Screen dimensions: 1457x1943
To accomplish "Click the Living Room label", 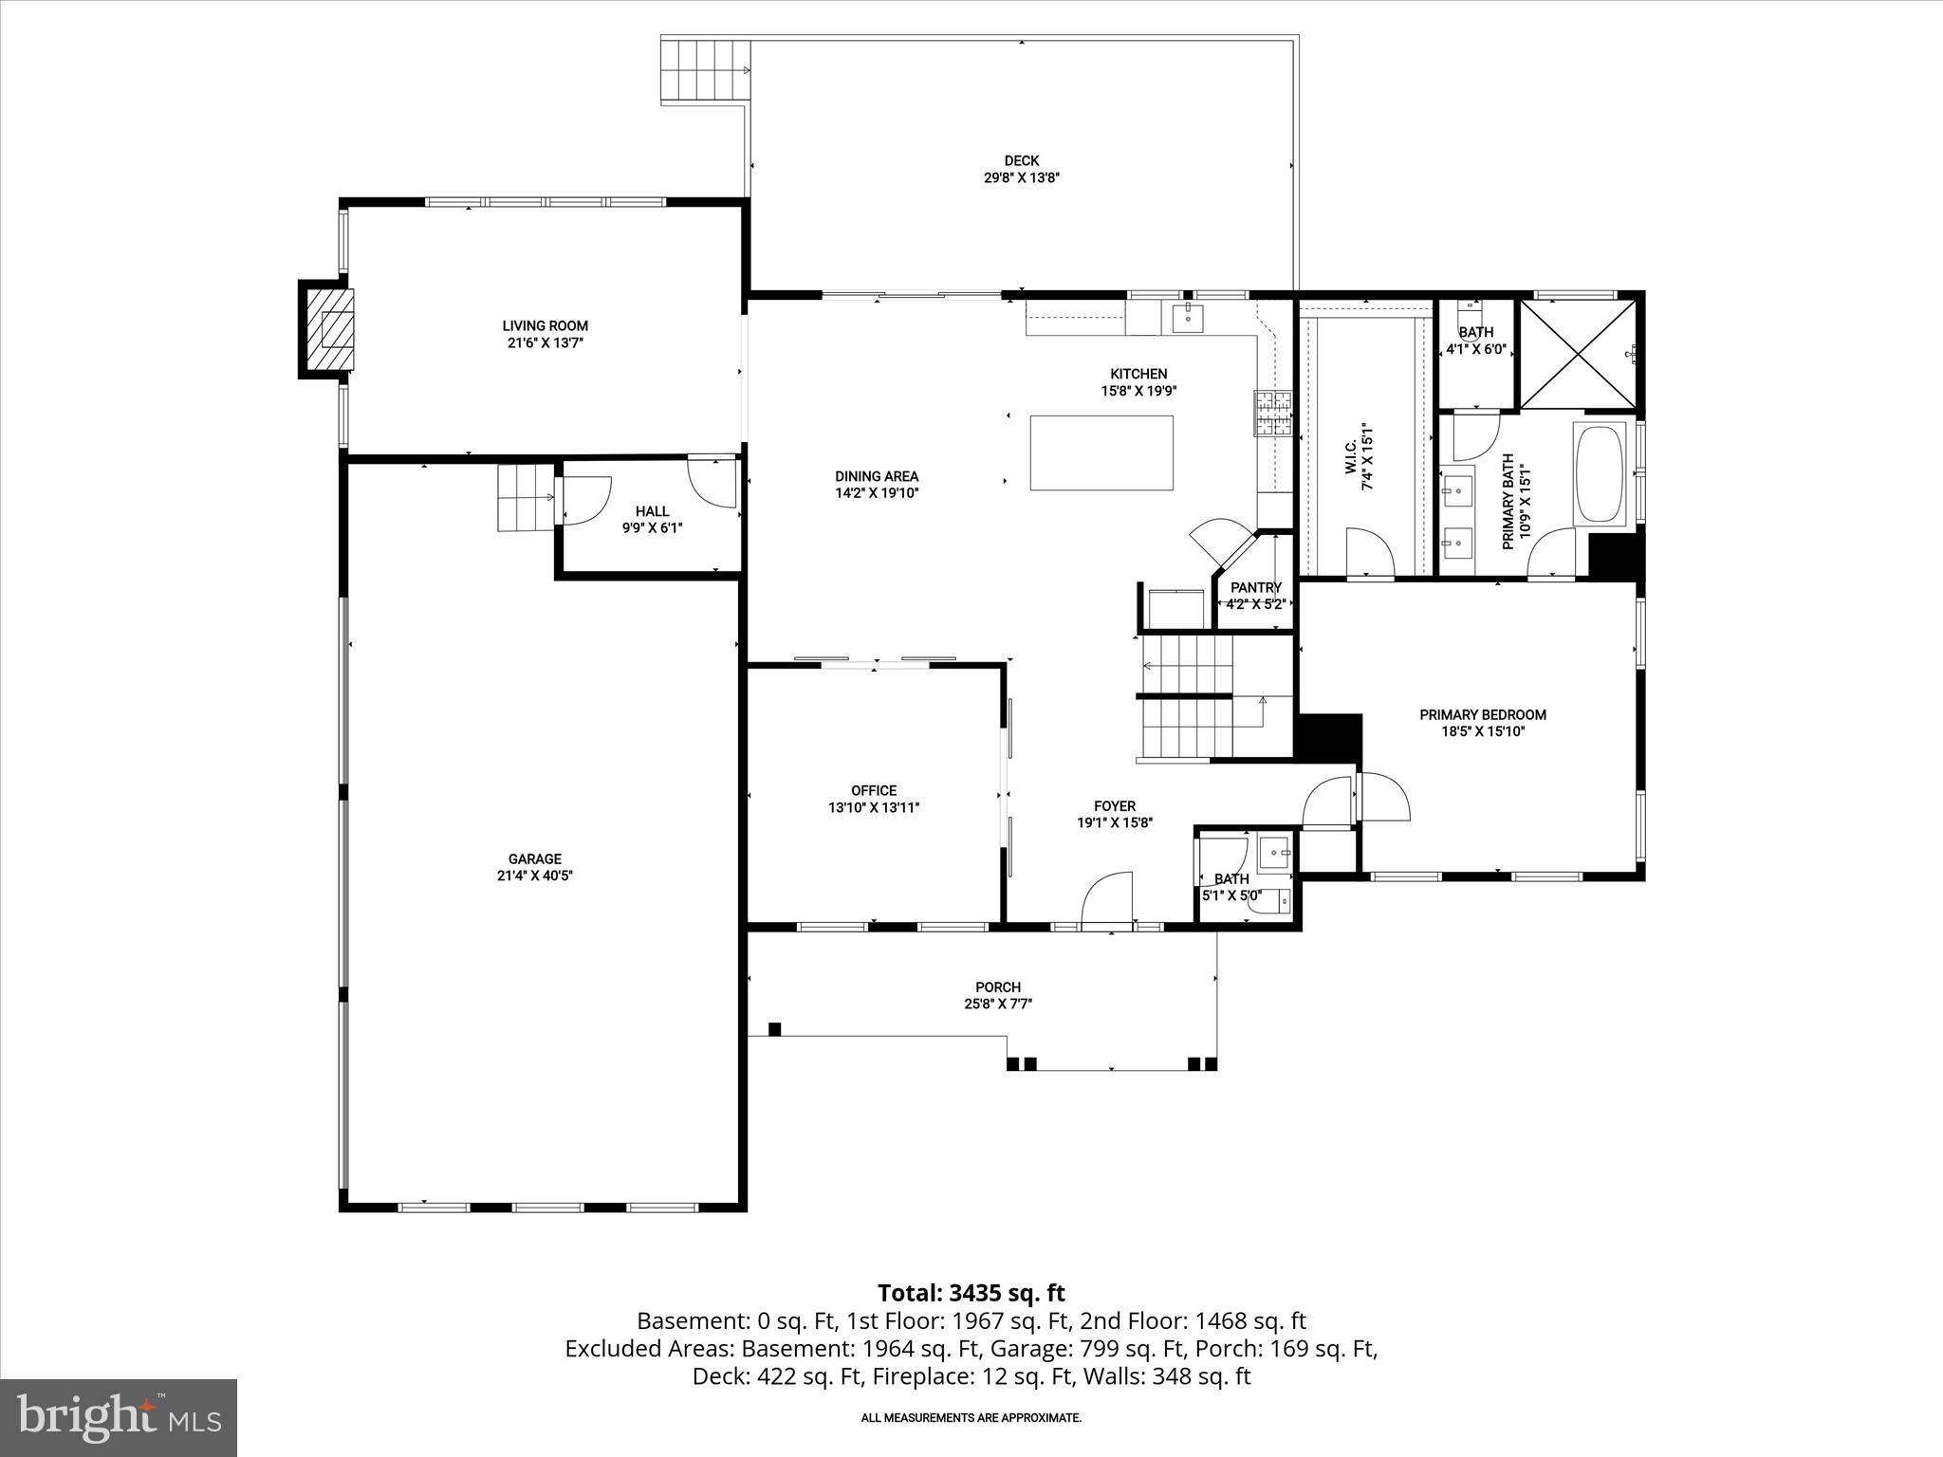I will point(545,326).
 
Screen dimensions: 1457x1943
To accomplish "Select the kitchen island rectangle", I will point(1101,452).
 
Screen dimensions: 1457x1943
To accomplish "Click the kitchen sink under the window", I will point(1187,319).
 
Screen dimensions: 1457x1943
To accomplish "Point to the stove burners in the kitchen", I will point(1274,413).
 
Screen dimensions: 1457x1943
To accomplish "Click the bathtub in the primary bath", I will point(1601,474).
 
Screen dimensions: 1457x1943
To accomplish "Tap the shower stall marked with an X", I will point(1578,354).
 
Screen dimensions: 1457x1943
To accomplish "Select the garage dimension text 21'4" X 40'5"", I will point(534,876).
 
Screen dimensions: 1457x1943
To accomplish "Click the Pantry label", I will point(1255,588).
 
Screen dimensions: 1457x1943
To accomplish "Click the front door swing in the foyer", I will point(1107,896).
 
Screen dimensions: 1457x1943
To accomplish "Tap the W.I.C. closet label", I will point(1367,455).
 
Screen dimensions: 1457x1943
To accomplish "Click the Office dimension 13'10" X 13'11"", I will point(873,808).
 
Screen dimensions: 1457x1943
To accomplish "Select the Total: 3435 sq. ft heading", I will point(971,1293).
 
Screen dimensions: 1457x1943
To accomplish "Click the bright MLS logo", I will point(119,1417).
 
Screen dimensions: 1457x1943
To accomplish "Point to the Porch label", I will point(997,987).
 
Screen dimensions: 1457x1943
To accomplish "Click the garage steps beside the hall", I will point(525,497).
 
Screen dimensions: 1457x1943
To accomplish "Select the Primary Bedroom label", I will point(1482,715).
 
